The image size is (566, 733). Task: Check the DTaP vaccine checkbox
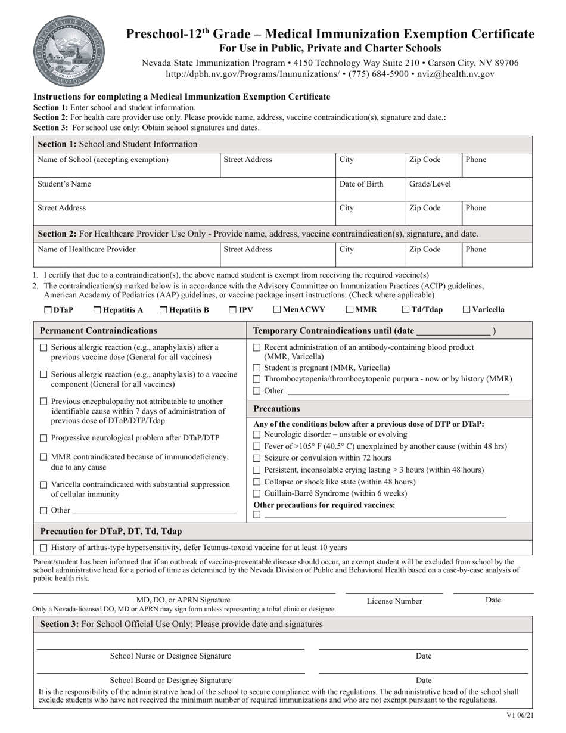coord(48,310)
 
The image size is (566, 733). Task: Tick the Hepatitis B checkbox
coord(163,310)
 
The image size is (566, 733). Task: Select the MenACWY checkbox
coord(277,310)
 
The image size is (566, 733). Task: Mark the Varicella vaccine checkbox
coord(467,310)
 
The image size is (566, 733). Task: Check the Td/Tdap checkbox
coord(406,310)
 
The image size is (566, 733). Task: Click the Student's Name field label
coord(64,184)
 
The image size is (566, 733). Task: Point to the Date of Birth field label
coord(361,184)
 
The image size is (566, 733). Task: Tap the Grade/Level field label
coord(430,184)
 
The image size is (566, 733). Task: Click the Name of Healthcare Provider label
coord(86,249)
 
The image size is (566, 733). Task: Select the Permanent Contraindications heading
coord(98,331)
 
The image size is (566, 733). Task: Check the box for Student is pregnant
coord(257,368)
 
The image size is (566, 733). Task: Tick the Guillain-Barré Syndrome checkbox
coord(257,493)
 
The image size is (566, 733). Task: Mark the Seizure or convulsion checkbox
coord(257,458)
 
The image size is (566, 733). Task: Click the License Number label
coord(394,601)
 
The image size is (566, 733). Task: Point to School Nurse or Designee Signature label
coord(170,656)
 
